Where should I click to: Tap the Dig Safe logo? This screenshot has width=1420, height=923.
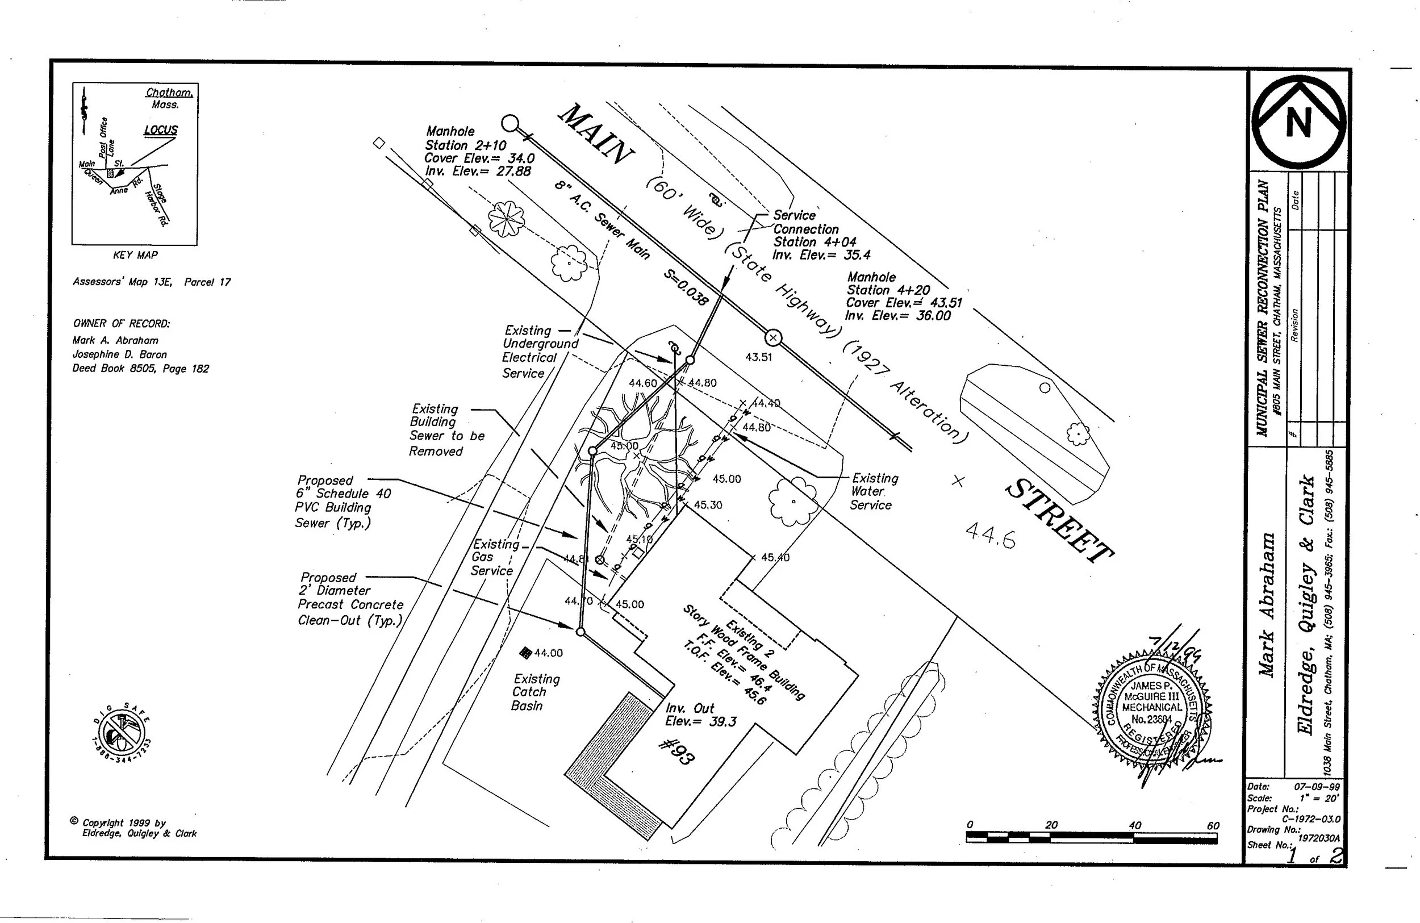(122, 735)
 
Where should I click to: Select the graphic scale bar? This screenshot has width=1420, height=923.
(1091, 838)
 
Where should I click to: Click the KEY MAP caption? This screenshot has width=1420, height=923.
(135, 256)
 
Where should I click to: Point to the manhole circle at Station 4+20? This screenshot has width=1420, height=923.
(773, 339)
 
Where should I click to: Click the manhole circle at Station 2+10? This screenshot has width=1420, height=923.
(509, 123)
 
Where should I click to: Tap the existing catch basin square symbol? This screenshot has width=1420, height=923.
(525, 653)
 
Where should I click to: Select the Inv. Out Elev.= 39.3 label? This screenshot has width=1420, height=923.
(700, 715)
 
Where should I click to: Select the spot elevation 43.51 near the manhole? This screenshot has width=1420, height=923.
(758, 357)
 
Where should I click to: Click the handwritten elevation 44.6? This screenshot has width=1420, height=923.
(990, 534)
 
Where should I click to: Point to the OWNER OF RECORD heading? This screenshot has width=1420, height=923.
(122, 324)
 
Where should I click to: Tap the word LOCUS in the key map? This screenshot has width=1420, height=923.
(161, 130)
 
